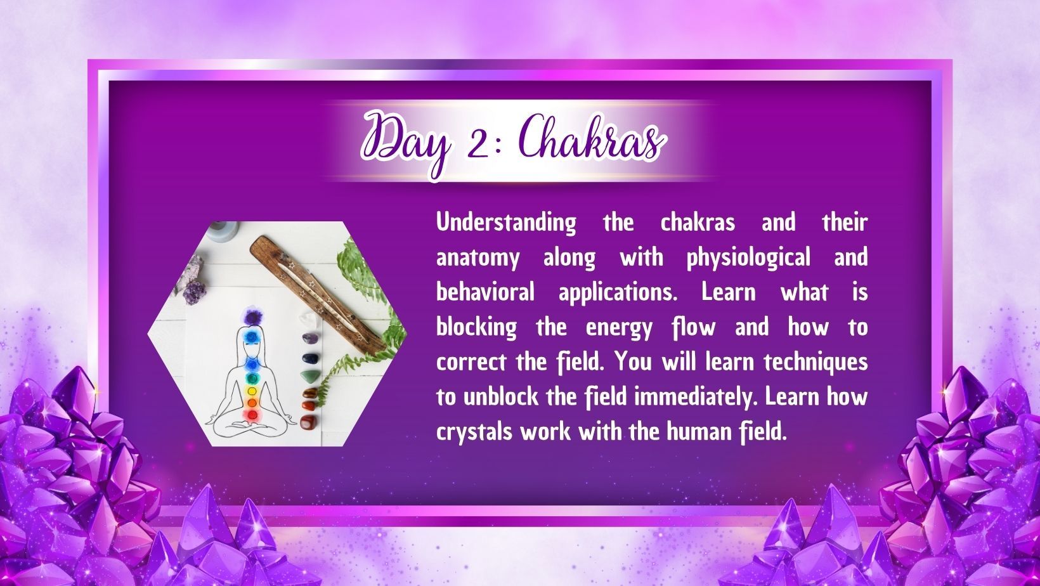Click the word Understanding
[x=506, y=223]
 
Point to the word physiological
[x=748, y=258]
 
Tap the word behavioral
[x=485, y=292]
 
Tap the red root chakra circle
[x=252, y=415]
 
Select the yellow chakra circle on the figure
[x=252, y=391]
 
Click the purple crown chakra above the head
[x=252, y=318]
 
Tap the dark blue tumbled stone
[x=310, y=358]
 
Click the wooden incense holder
[x=318, y=294]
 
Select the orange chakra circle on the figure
[x=252, y=403]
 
